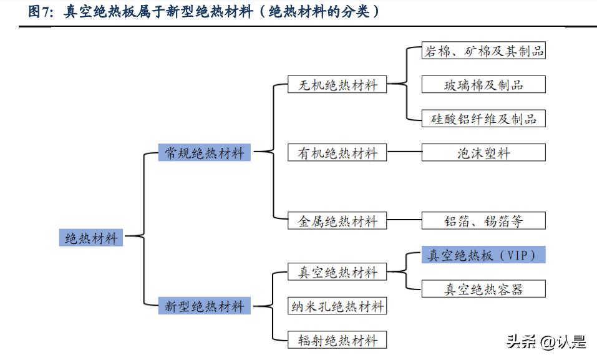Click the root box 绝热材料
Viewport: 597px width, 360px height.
point(91,238)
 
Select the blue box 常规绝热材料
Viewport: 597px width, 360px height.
point(205,152)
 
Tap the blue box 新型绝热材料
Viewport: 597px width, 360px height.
point(205,306)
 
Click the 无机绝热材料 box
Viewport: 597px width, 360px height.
point(337,85)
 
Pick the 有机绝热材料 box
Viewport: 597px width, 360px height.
point(337,152)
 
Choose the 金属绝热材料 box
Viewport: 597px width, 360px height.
point(337,220)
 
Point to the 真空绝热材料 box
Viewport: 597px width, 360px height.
point(337,272)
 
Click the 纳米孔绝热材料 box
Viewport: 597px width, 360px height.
point(337,306)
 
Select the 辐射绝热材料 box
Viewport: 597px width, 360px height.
point(337,340)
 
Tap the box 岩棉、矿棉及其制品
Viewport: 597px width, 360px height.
point(483,51)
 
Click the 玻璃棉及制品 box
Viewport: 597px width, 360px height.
point(483,85)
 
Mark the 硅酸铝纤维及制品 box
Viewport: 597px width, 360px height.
point(483,119)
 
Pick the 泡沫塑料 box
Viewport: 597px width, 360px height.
point(483,152)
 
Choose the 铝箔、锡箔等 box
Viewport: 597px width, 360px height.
point(483,220)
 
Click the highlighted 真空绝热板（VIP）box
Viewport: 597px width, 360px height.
point(483,255)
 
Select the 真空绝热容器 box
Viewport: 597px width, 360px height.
point(483,289)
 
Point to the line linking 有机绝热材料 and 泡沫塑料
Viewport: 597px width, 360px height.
point(404,152)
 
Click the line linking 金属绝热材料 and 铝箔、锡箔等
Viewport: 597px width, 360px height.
point(404,220)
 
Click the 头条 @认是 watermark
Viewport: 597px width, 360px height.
point(546,341)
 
